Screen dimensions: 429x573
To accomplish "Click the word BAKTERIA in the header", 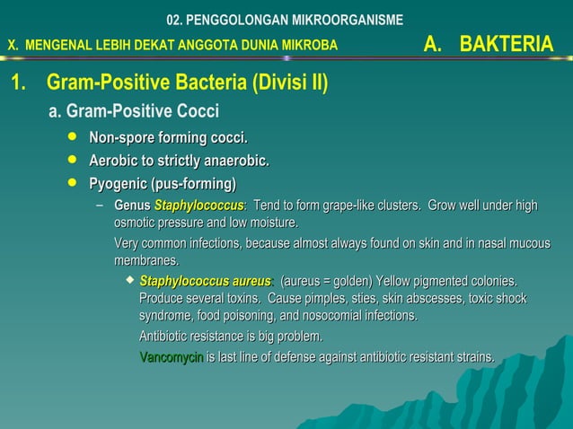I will (x=507, y=44).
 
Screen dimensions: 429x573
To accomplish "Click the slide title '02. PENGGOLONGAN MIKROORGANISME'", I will (x=286, y=20).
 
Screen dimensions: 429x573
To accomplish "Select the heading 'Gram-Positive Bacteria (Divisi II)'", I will (x=187, y=84).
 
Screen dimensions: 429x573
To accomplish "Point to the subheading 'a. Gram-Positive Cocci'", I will (x=134, y=112).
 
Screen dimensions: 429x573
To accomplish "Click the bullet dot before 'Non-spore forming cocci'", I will (x=73, y=137).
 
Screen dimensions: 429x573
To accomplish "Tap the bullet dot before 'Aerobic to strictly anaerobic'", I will (x=73, y=161).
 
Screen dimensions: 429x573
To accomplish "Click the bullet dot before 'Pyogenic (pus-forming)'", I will (x=73, y=184).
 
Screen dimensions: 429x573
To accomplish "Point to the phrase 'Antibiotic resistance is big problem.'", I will (x=230, y=337).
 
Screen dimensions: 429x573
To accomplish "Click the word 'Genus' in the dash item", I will (x=132, y=206).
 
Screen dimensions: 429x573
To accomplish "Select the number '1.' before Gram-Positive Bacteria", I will (x=17, y=84).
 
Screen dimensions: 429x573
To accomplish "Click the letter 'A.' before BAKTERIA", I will (x=436, y=44).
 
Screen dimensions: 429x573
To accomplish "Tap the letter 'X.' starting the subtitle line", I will (x=13, y=45).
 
